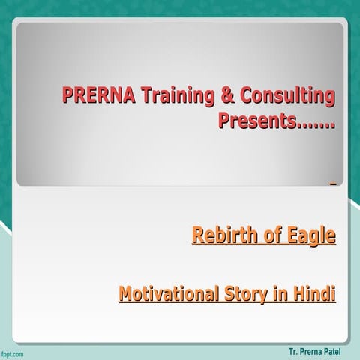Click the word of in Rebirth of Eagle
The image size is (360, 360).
270,237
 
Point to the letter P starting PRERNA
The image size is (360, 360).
68,96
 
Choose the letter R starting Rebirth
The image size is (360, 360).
199,237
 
